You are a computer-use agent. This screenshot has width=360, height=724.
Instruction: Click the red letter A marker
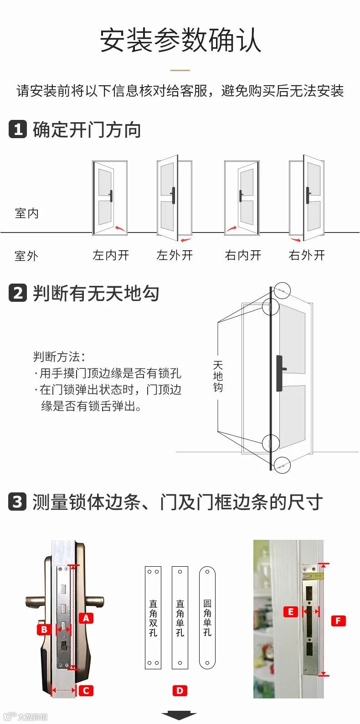(86, 618)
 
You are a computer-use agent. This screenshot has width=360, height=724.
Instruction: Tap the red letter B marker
(44, 630)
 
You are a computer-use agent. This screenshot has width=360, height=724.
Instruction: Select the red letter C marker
(86, 691)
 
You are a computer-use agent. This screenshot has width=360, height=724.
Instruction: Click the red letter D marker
(180, 691)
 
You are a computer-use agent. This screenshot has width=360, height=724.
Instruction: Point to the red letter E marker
(290, 612)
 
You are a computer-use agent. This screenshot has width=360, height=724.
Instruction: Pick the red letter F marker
(338, 621)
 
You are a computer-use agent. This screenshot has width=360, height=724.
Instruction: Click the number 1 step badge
(18, 129)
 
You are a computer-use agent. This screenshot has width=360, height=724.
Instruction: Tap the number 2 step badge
(18, 293)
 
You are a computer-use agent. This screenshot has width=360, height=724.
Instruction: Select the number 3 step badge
(17, 502)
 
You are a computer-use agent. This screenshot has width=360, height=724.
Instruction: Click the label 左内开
(111, 255)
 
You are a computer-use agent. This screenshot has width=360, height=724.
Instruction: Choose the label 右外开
(307, 255)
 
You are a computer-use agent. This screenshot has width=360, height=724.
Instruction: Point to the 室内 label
(27, 213)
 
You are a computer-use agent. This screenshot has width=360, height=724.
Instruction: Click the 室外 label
(26, 256)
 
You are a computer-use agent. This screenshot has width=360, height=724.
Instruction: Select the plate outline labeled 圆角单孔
(207, 618)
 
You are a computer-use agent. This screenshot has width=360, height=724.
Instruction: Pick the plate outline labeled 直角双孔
(153, 618)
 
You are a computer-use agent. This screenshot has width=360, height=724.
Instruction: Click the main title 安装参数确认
(180, 40)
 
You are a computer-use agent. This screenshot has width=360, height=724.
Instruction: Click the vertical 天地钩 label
(218, 377)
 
